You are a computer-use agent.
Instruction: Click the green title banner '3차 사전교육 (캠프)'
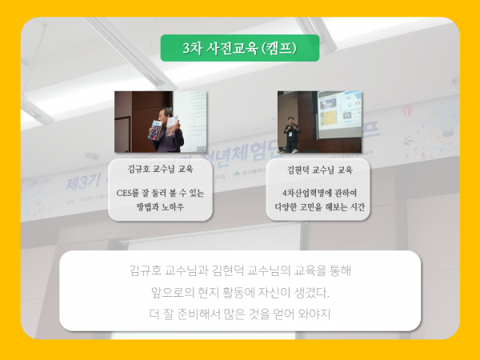[240, 48]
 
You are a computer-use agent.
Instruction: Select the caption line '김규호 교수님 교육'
[160, 169]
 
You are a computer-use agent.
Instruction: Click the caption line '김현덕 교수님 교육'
[319, 170]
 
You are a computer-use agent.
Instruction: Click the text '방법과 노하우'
[160, 207]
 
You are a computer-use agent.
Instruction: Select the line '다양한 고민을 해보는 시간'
[319, 207]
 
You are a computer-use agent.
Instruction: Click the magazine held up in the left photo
[155, 130]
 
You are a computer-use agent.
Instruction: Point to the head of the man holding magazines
[166, 114]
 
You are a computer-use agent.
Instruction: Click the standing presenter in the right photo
[292, 134]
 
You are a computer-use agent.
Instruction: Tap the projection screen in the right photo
[339, 114]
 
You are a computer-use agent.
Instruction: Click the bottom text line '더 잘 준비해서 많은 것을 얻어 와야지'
[240, 314]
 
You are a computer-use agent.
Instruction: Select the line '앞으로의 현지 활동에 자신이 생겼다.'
[240, 293]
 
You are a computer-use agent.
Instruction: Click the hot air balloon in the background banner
[407, 111]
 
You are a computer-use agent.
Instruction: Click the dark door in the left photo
[122, 134]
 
